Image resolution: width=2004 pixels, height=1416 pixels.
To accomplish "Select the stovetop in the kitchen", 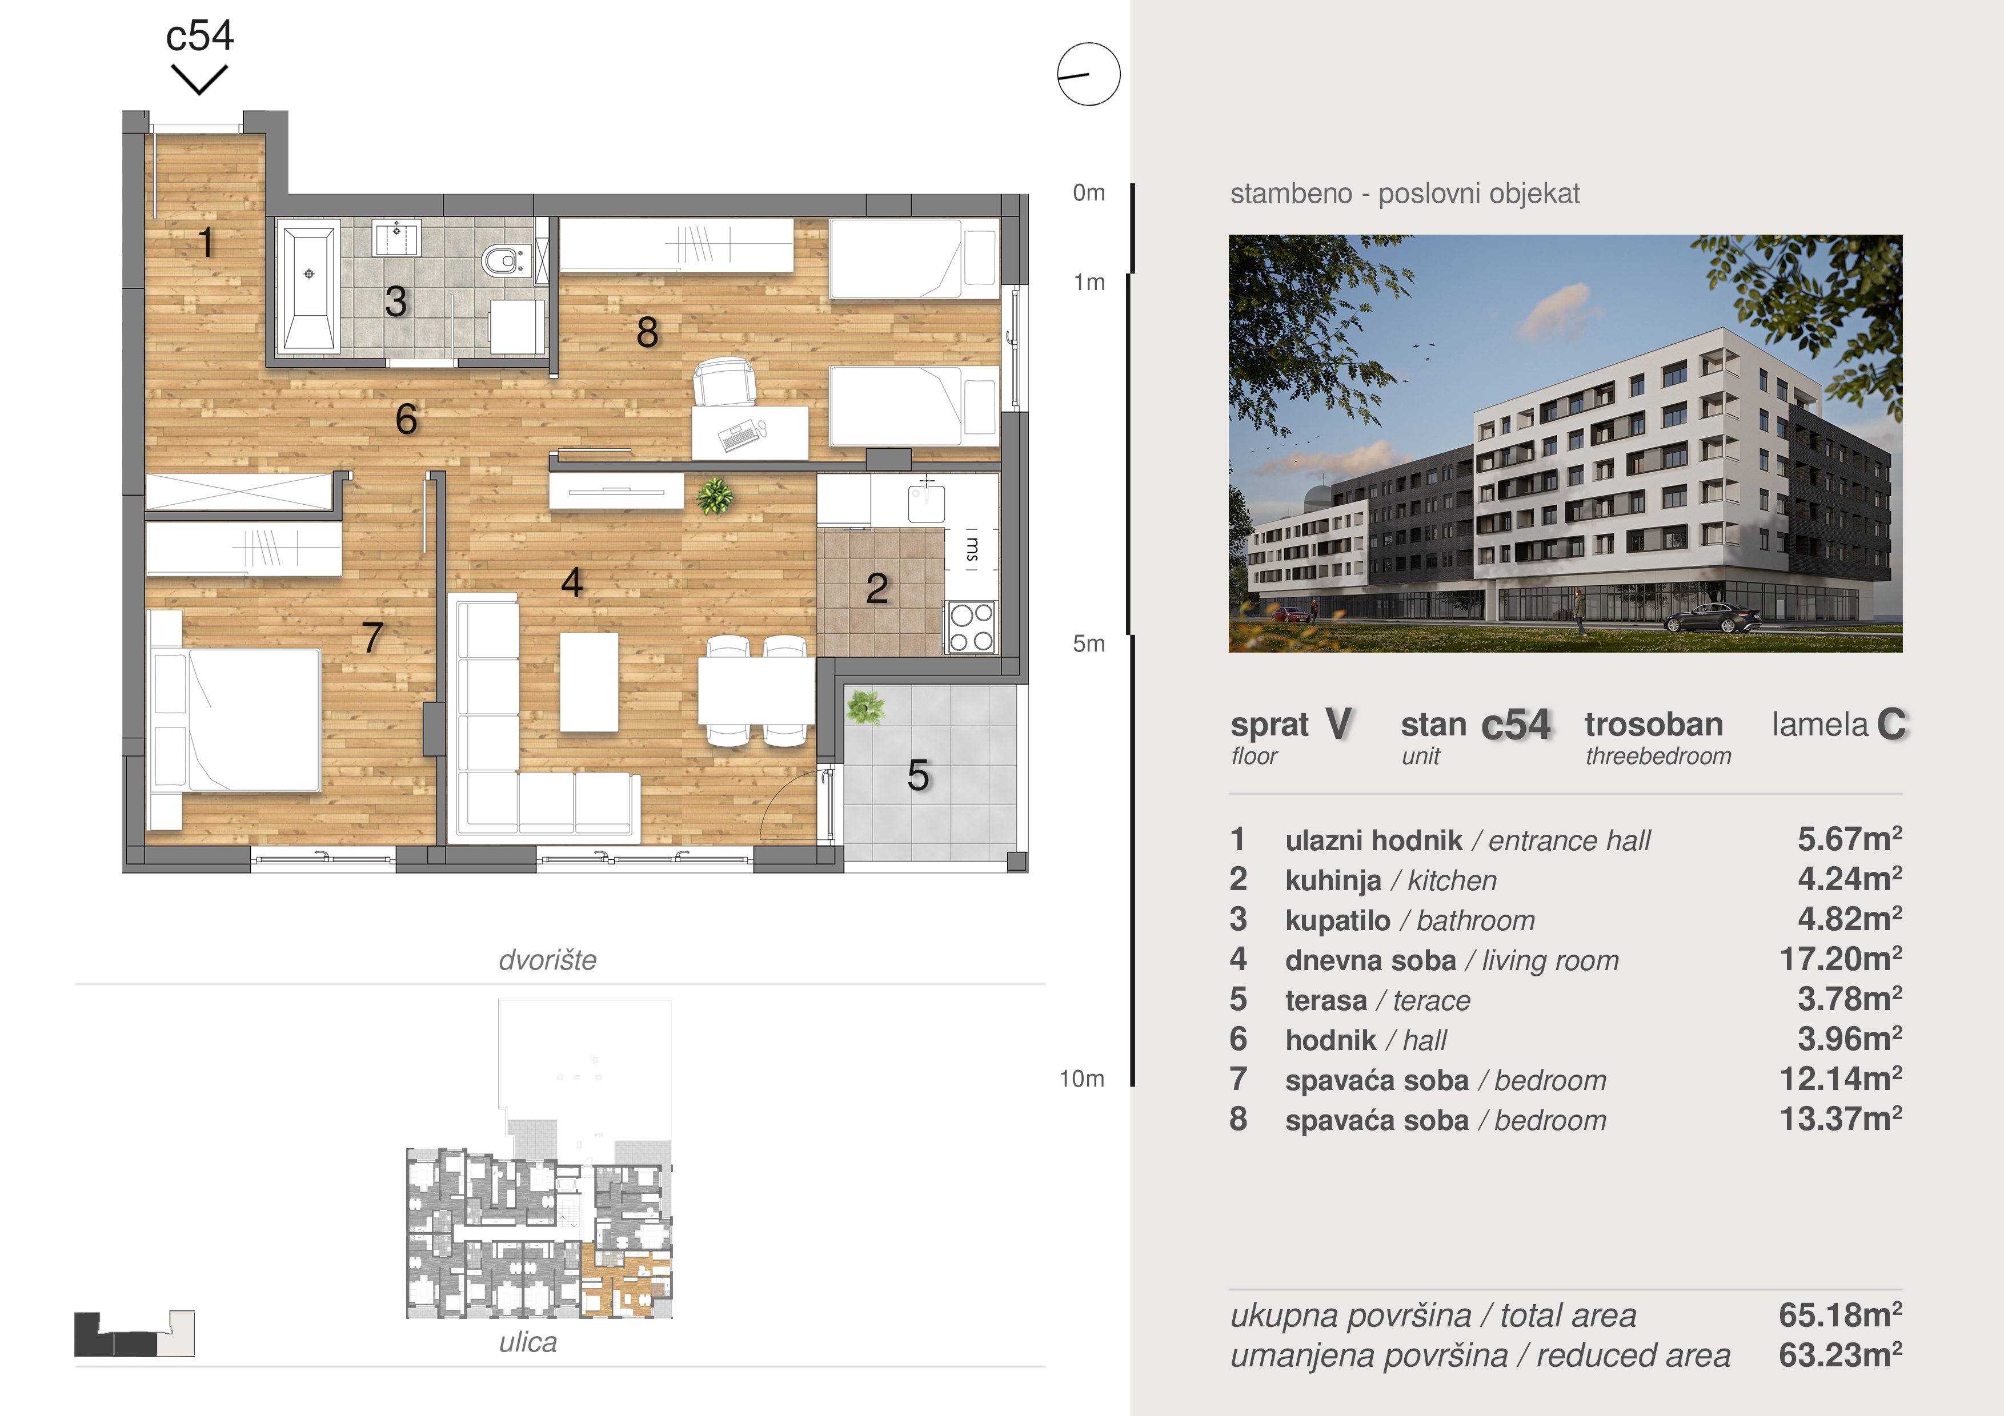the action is click(x=971, y=626).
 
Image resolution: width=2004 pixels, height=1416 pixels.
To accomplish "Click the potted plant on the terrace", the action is click(x=865, y=707).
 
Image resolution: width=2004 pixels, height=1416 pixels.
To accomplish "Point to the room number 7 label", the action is click(x=372, y=637).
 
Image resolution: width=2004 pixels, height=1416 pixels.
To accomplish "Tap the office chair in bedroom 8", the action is click(x=724, y=382).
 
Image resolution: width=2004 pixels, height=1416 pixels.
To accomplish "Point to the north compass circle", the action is click(x=1088, y=74).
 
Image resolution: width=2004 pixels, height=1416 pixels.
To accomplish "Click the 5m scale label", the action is click(x=1088, y=644).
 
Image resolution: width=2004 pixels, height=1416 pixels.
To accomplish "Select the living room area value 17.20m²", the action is click(x=1841, y=959).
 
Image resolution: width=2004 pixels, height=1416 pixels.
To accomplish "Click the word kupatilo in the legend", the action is click(x=1338, y=920).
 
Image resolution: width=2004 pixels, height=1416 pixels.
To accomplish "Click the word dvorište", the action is click(x=547, y=960).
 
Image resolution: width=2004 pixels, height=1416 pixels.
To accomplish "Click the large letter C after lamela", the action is click(x=1892, y=724).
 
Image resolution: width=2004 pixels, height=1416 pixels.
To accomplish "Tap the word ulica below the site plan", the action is click(x=528, y=1342).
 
